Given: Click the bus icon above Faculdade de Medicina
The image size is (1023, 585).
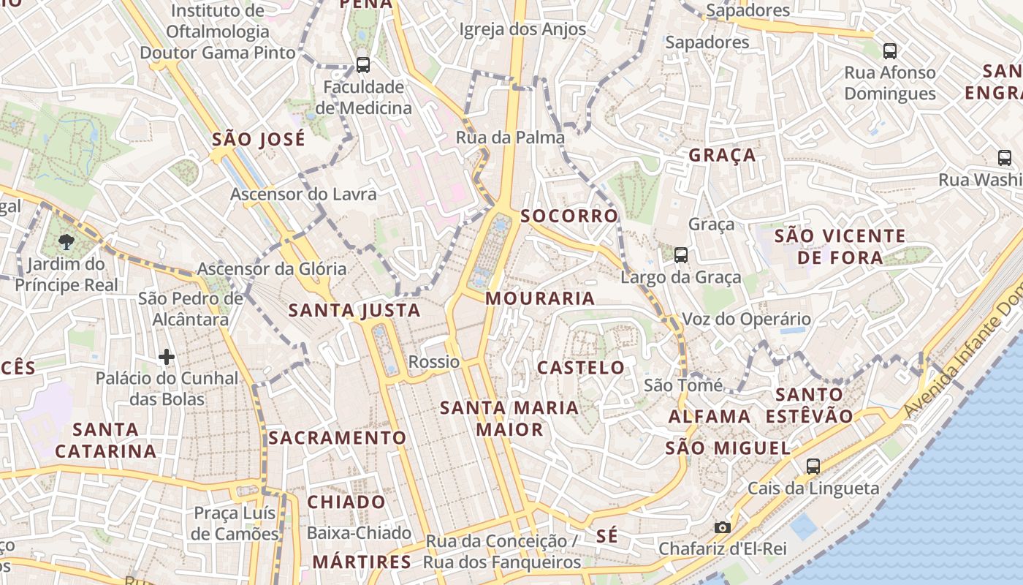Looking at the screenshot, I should (363, 64).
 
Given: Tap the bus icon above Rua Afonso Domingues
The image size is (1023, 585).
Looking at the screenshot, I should (890, 50).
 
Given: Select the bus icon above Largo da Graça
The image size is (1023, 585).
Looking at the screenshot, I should (681, 254).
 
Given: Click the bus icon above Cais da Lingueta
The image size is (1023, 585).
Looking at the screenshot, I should (813, 466).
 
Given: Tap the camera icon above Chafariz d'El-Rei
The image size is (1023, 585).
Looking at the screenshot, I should (723, 527).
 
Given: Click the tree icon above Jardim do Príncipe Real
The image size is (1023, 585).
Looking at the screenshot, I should (66, 241).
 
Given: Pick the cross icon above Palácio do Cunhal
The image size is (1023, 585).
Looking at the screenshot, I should (167, 357).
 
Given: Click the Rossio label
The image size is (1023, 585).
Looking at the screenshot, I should (434, 362).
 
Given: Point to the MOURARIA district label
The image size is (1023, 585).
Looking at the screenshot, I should (540, 298).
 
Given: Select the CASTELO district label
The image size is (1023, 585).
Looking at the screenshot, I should (581, 368).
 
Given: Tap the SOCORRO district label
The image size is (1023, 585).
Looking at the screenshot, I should (569, 216).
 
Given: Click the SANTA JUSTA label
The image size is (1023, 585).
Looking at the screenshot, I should (354, 311).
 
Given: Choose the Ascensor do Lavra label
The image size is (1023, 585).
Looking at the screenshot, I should (303, 194).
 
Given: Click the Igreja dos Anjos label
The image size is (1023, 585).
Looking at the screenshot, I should (522, 29).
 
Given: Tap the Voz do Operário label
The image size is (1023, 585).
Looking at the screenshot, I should (746, 319).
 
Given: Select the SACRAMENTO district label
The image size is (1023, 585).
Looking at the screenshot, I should (337, 438).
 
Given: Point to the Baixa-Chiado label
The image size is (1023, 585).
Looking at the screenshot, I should (359, 533).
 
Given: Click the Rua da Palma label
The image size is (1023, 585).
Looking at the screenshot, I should (510, 137).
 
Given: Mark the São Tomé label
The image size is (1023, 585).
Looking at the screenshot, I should (683, 385).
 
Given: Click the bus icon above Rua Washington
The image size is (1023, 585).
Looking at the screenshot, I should (1005, 157).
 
